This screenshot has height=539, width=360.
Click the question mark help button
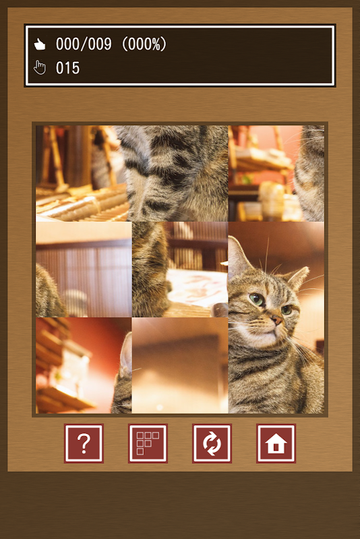pos(84,443)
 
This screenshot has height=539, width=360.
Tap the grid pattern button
pos(148,443)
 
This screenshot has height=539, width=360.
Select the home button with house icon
pos(276,443)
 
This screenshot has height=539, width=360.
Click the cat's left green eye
pos(257,299)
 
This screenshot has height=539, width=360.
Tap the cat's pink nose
pos(277,321)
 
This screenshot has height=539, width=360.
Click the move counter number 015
pos(67,68)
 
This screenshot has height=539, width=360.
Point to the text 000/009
pos(84,44)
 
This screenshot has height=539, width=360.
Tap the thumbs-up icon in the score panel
pos(40,44)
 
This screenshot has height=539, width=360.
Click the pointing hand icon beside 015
pos(40,68)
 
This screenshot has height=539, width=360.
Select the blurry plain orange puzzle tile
pos(180,365)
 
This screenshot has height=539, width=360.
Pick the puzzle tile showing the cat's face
pos(276,317)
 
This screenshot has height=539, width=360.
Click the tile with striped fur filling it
pos(172,173)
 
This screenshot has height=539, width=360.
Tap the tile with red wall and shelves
pos(84,365)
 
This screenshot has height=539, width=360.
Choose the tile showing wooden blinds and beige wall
pos(84,269)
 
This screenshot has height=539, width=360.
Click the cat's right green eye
pos(286,310)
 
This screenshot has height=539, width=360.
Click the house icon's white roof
pos(276,439)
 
